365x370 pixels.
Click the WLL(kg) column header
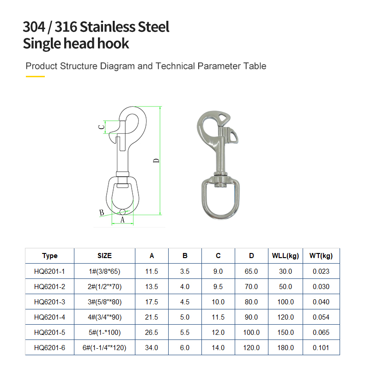coord(286,256)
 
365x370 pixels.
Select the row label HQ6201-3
coord(49,302)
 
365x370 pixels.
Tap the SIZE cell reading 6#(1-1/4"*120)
coord(104,348)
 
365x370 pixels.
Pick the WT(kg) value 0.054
coord(321,317)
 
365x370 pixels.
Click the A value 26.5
coord(152,333)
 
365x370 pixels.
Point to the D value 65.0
coord(251,271)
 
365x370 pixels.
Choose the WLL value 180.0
coord(286,348)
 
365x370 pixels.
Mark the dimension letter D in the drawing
coord(156,160)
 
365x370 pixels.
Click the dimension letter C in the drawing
coord(101,127)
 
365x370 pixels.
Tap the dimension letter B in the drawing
coord(102,213)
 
